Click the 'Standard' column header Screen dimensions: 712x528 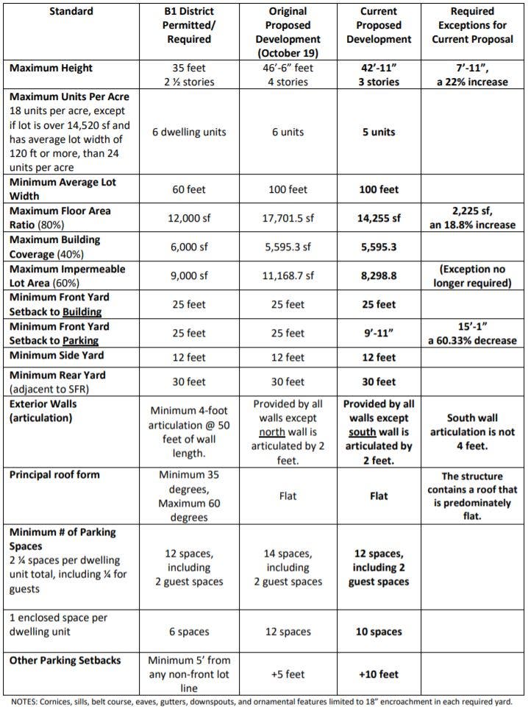pos(51,12)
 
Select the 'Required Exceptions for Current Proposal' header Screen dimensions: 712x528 pos(472,25)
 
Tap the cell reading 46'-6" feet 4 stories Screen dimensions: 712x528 pos(288,74)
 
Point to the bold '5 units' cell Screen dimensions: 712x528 pos(378,133)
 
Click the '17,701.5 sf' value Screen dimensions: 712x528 pos(288,218)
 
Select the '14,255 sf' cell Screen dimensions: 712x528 pos(378,218)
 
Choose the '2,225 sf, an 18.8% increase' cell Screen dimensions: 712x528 pos(472,218)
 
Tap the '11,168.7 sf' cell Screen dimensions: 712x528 pos(288,275)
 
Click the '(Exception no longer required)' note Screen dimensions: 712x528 pos(472,276)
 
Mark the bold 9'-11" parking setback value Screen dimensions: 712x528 pos(378,333)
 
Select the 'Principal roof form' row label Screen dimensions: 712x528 pos(55,475)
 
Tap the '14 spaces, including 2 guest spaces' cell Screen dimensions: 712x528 pos(288,568)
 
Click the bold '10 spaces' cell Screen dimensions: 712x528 pos(378,632)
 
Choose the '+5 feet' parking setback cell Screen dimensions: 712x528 pos(288,674)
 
